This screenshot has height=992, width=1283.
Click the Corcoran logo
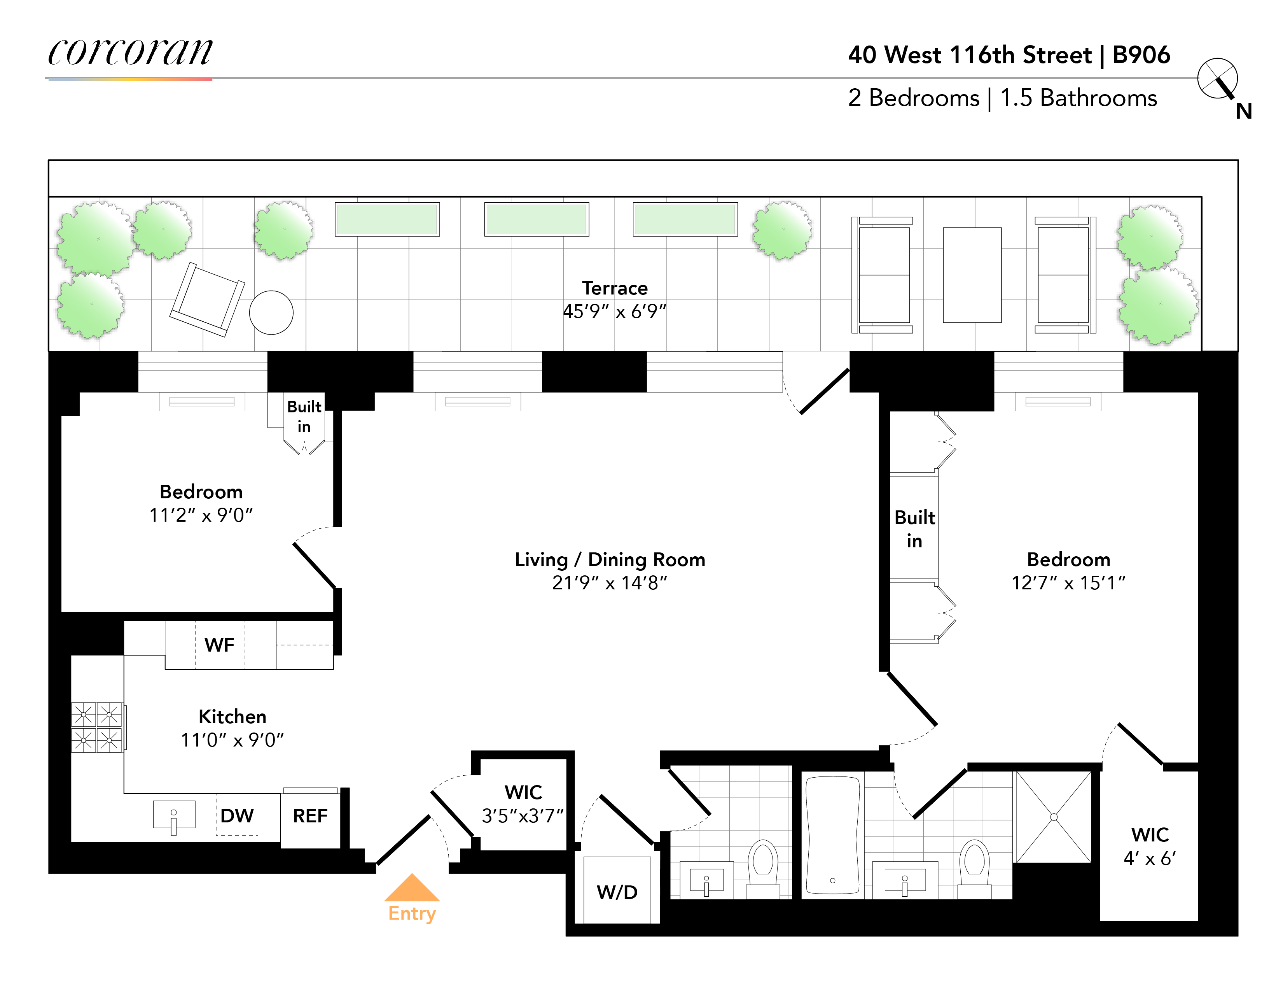pyautogui.click(x=130, y=53)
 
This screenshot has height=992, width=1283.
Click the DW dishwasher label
pyautogui.click(x=237, y=815)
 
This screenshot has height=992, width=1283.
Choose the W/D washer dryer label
pyautogui.click(x=617, y=892)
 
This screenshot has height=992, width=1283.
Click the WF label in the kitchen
pyautogui.click(x=219, y=645)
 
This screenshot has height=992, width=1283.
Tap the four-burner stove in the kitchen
pyautogui.click(x=96, y=727)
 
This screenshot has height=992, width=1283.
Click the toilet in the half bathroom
pyautogui.click(x=763, y=864)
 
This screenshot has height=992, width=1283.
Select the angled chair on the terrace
pyautogui.click(x=207, y=300)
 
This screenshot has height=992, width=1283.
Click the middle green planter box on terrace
pyautogui.click(x=537, y=219)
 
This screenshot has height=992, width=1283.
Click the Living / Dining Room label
pyautogui.click(x=610, y=559)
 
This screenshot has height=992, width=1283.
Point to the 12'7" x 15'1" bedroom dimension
pyautogui.click(x=1068, y=582)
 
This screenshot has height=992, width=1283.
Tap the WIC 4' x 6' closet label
pyautogui.click(x=1150, y=846)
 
